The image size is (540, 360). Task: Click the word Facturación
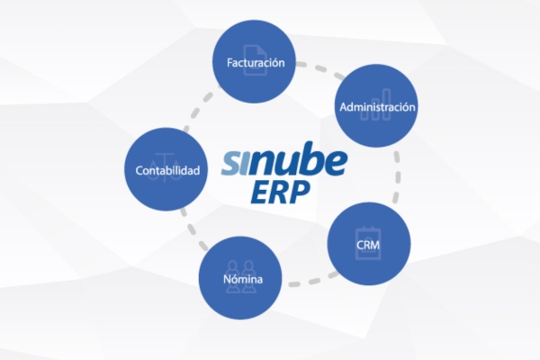click(x=255, y=63)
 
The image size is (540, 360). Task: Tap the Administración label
click(x=377, y=107)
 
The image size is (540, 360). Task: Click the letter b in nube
click(x=296, y=162)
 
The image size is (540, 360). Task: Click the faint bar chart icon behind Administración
click(x=377, y=96)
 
